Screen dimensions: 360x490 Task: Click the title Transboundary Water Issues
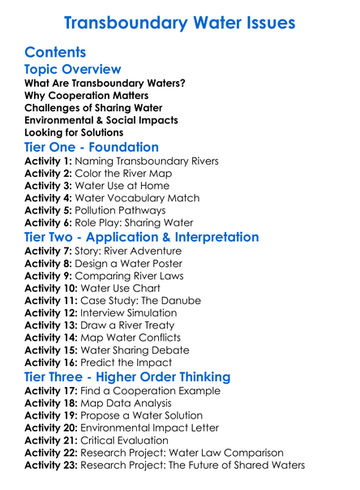pyautogui.click(x=179, y=23)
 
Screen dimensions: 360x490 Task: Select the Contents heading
pyautogui.click(x=56, y=53)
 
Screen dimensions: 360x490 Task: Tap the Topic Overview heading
pyautogui.click(x=73, y=70)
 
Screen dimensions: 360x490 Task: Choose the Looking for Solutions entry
pyautogui.click(x=74, y=132)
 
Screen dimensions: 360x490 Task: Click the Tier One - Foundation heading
pyautogui.click(x=92, y=148)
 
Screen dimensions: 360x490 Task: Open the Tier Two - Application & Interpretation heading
pyautogui.click(x=142, y=238)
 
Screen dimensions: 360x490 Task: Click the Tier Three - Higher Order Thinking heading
pyautogui.click(x=127, y=377)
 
